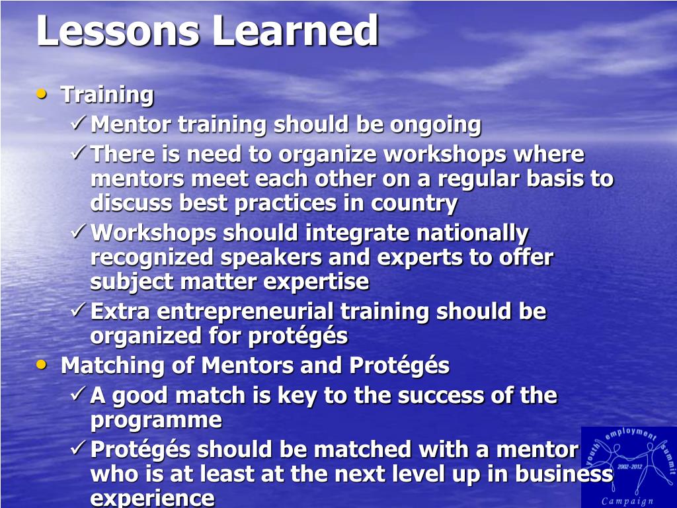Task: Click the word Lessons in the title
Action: (x=118, y=30)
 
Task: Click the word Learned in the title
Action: (x=296, y=30)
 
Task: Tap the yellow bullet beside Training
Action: (x=42, y=93)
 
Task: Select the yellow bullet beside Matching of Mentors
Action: (x=42, y=364)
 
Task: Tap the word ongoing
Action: (x=435, y=126)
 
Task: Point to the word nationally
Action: (x=472, y=233)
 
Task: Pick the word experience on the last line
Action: (x=153, y=499)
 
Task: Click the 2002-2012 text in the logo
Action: (x=630, y=466)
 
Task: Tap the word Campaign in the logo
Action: (x=628, y=501)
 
